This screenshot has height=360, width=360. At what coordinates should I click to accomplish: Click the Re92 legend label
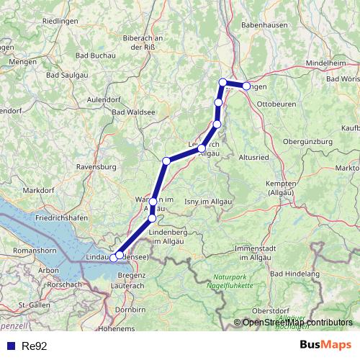(35, 346)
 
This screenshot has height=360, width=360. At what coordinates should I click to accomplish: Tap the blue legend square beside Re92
(11, 346)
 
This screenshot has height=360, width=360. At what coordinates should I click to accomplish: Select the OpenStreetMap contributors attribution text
(297, 322)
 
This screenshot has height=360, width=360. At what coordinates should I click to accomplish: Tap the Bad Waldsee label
(134, 112)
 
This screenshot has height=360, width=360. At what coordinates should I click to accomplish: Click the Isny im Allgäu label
(208, 202)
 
